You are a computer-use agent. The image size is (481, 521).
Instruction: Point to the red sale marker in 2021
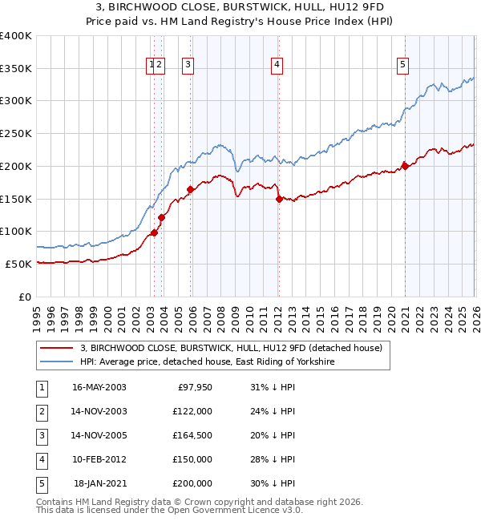[x=405, y=166]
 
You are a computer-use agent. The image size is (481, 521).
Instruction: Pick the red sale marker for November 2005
[x=191, y=189]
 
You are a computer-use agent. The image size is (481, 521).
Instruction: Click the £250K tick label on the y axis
[x=16, y=133]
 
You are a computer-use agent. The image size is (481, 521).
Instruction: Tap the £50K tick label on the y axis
[x=19, y=264]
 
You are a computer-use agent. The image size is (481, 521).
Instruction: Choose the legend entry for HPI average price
[x=207, y=362]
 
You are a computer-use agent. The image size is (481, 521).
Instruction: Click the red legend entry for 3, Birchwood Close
[x=232, y=348]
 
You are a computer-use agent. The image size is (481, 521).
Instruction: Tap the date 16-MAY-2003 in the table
[x=99, y=387]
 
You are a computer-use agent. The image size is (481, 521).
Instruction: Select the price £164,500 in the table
[x=192, y=435]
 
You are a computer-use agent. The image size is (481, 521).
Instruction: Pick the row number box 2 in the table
[x=40, y=411]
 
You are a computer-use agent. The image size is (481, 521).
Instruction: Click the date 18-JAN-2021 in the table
[x=99, y=483]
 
